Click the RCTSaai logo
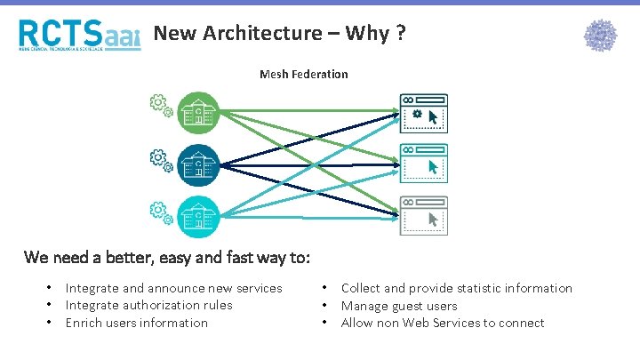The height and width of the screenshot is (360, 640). click(79, 35)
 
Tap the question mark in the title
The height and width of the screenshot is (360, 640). click(402, 33)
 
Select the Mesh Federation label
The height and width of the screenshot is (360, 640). click(303, 74)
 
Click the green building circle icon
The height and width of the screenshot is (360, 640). click(196, 113)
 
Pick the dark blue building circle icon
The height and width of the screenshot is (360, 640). click(196, 164)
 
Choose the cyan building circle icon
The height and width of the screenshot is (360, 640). click(196, 215)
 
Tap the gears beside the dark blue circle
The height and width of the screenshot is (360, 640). click(161, 161)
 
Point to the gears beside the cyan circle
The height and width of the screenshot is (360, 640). click(161, 212)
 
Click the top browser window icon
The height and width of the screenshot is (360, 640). click(423, 114)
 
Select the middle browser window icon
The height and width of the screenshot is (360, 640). click(423, 164)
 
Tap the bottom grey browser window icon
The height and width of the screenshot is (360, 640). click(423, 214)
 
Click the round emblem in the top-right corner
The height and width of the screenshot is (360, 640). click(600, 36)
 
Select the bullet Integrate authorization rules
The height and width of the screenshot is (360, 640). click(148, 305)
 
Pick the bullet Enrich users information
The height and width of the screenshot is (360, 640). click(136, 323)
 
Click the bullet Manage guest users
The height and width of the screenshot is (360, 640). click(399, 305)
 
